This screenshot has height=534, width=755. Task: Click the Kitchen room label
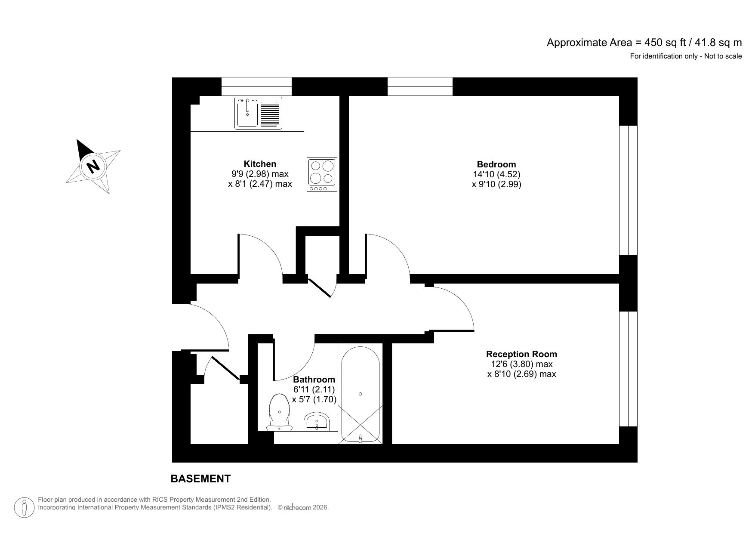tap(259, 164)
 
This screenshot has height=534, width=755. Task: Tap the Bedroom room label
tap(496, 164)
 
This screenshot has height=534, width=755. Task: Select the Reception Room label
tap(521, 354)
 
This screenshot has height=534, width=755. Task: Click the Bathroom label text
tap(314, 380)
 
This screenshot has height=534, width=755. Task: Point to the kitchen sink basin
tap(247, 114)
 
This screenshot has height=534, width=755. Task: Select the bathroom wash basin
tap(317, 422)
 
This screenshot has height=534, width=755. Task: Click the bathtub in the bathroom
tap(360, 394)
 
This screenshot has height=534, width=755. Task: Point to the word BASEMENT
tap(200, 479)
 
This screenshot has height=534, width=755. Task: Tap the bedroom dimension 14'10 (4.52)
tap(496, 174)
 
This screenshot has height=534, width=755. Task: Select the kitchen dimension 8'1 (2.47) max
tap(259, 184)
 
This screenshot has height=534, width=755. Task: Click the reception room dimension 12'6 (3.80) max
tap(521, 364)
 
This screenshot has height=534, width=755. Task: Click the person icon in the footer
tap(25, 508)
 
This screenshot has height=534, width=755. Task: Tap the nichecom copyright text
tap(303, 508)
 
